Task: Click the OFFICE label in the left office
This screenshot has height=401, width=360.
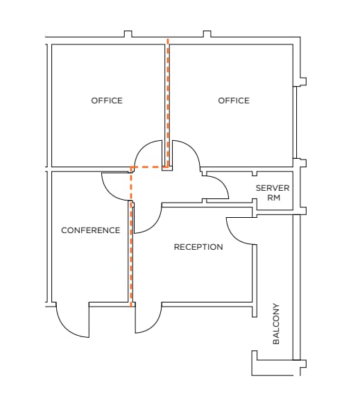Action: (107, 101)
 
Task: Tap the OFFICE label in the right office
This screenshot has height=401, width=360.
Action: (234, 101)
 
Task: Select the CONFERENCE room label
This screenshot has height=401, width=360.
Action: (90, 230)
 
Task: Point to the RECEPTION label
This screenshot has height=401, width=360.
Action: (198, 247)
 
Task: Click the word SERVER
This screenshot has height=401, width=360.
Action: (273, 188)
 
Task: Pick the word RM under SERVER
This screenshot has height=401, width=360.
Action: (273, 198)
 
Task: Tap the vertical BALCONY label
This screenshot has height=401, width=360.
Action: (276, 323)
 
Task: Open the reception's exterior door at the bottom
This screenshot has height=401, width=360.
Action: (147, 319)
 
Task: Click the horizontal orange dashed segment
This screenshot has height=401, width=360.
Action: (147, 167)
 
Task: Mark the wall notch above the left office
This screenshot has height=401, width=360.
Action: (128, 33)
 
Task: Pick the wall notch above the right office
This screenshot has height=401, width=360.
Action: (207, 33)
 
